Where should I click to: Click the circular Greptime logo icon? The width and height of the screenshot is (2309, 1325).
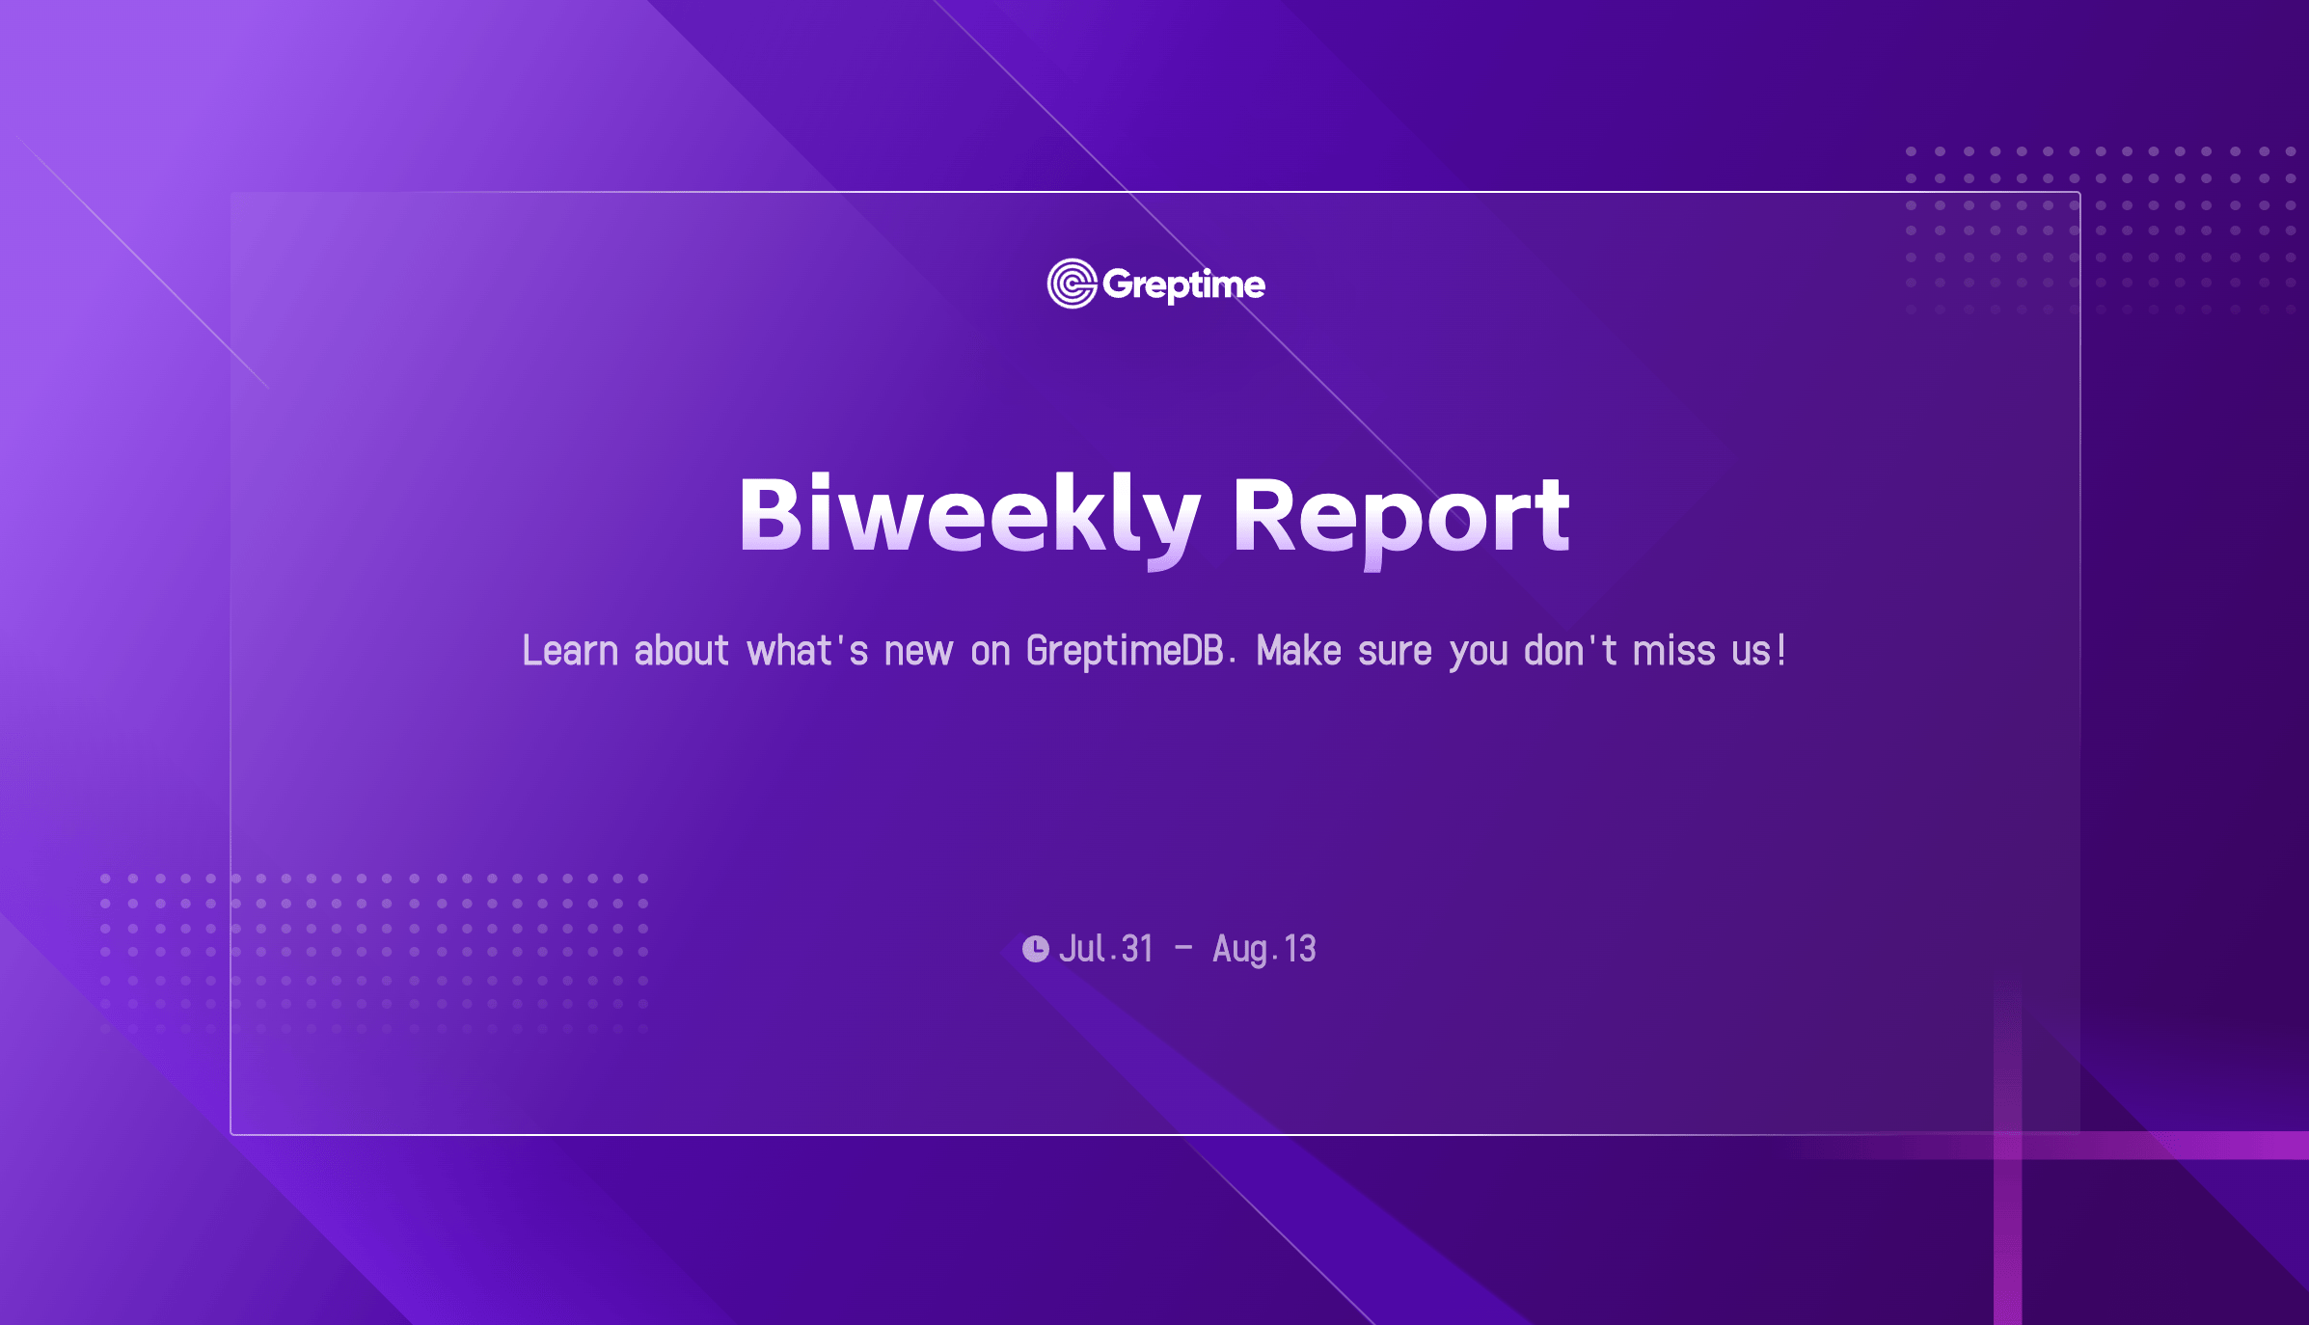pos(1072,284)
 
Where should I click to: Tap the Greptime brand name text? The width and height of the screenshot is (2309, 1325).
pos(1183,285)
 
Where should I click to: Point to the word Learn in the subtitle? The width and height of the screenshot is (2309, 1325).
pos(570,651)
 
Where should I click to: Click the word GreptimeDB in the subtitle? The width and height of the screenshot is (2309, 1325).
pos(1126,651)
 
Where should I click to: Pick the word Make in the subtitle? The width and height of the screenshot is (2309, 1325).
pos(1299,651)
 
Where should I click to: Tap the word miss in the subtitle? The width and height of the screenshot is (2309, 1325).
pos(1674,651)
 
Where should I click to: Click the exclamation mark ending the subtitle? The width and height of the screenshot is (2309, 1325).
pos(1781,651)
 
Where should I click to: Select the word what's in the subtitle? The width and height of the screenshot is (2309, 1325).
pos(807,651)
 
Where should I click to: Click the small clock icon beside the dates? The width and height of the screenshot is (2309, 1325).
pos(1036,949)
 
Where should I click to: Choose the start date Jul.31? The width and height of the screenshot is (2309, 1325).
pos(1106,949)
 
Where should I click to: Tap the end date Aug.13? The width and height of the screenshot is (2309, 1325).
pos(1264,950)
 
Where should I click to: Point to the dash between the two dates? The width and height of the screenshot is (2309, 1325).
pos(1183,949)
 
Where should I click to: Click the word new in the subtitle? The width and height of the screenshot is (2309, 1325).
pos(918,653)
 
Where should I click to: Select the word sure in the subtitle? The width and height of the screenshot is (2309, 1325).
pos(1395,653)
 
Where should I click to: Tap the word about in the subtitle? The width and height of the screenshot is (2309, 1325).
pos(681,651)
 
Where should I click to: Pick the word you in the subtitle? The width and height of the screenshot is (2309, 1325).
pos(1479,656)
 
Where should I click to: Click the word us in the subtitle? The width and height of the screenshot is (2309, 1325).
pos(1752,653)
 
